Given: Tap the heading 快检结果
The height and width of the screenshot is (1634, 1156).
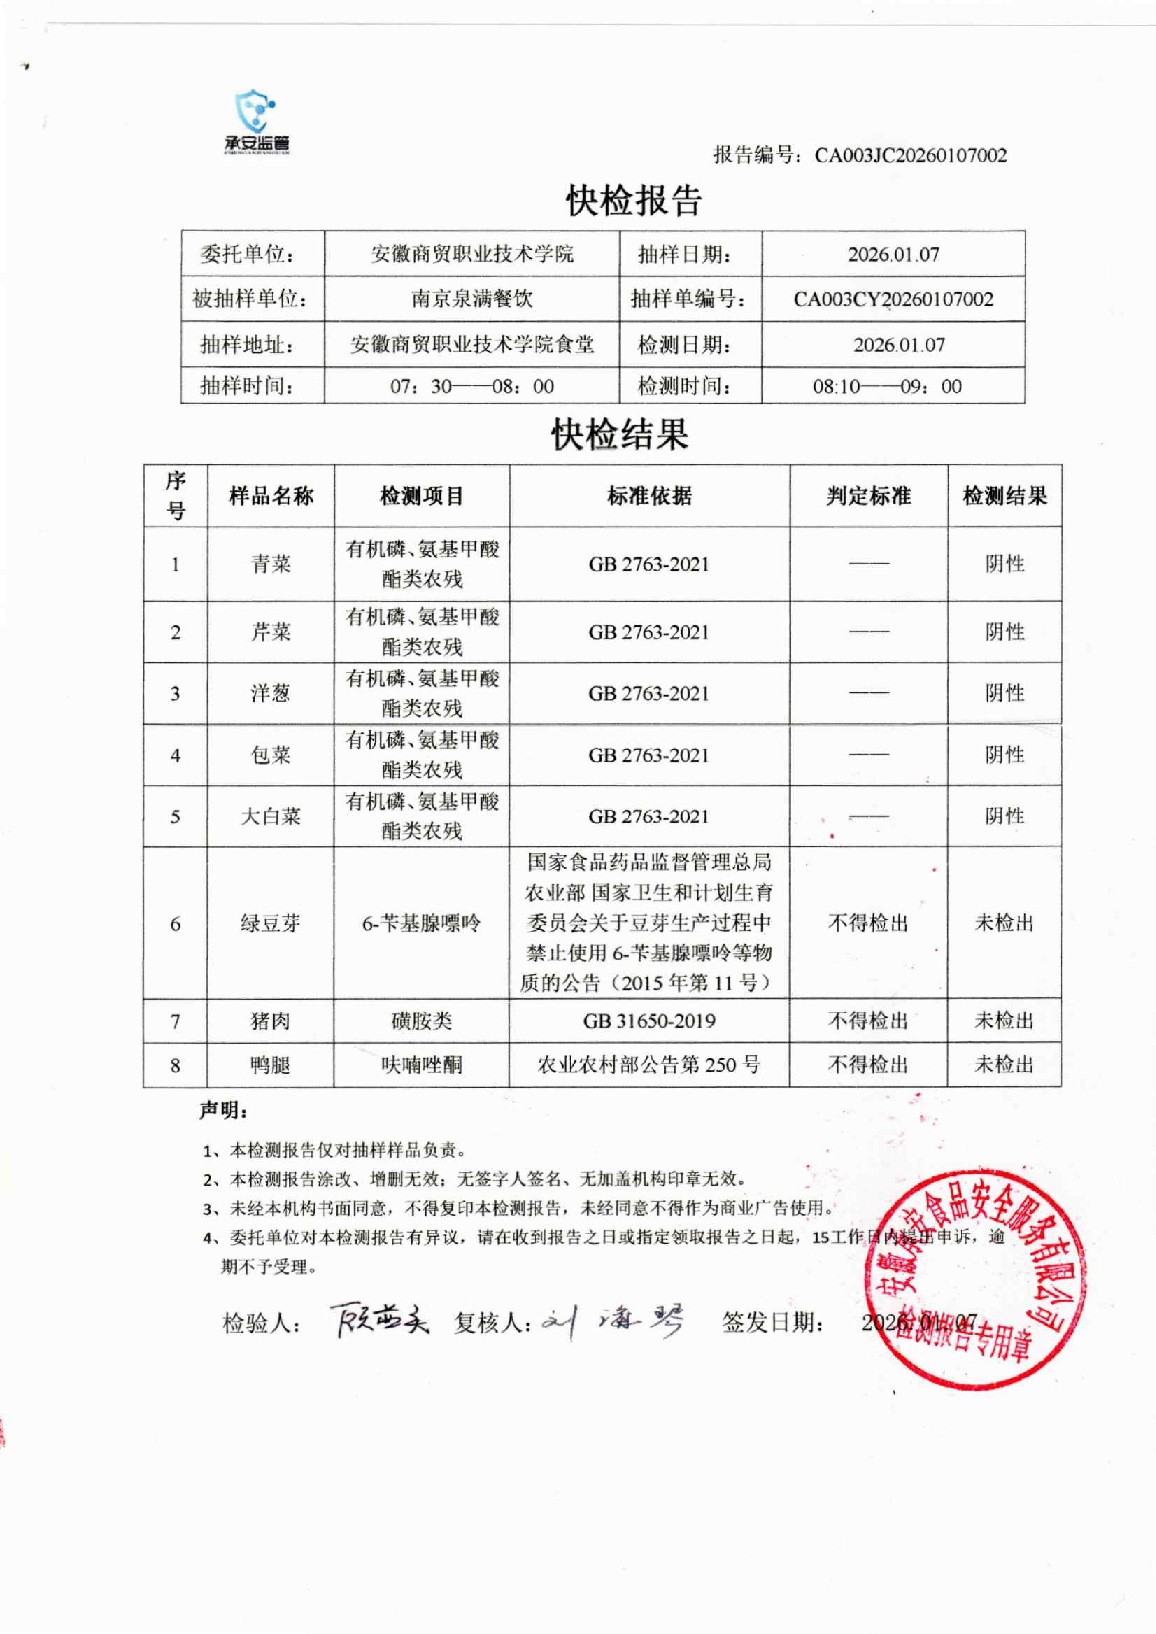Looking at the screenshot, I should click(x=619, y=434).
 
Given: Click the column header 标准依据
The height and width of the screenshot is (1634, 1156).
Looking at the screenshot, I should click(x=649, y=496).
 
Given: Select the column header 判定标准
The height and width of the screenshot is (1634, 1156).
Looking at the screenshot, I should click(x=868, y=496).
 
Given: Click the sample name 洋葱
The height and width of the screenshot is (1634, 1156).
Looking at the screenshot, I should click(x=271, y=693).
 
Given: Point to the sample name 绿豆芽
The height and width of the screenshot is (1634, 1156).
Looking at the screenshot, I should click(x=271, y=923).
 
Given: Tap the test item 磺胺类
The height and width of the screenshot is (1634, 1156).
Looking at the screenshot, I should click(x=421, y=1021).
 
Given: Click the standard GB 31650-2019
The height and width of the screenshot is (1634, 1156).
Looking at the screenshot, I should click(x=649, y=1021).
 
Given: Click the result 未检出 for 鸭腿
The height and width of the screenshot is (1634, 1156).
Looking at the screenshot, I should click(x=1004, y=1065).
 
